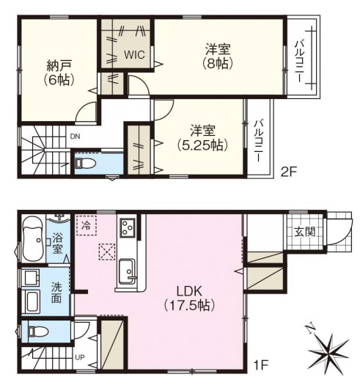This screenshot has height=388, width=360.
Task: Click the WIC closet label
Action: [x=134, y=55]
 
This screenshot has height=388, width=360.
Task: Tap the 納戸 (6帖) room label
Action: [x=59, y=73]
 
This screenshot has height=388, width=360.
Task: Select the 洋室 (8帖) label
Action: [x=218, y=56]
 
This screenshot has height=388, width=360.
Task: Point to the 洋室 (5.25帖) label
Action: [x=202, y=138]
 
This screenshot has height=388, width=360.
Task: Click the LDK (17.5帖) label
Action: [x=189, y=299]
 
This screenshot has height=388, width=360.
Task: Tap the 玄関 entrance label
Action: [x=305, y=232]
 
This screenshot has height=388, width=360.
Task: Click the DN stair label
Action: [x=75, y=136]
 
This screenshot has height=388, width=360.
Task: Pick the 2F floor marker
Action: [x=288, y=172]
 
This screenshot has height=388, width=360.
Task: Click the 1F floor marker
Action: [x=261, y=365]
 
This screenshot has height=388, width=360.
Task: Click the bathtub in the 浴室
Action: [x=34, y=240]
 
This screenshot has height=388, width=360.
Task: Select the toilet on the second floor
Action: [x=86, y=163]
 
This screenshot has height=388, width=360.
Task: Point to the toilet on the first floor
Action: [x=38, y=331]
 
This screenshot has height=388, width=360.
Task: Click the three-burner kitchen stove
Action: [x=128, y=227]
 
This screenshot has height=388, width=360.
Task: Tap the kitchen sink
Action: [x=128, y=271]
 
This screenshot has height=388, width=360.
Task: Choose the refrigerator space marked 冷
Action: [x=87, y=225]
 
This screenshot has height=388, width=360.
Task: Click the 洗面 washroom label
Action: [x=56, y=293]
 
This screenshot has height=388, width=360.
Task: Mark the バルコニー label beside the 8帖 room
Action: [x=300, y=61]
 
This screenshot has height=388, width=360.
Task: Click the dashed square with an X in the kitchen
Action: [x=107, y=252]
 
